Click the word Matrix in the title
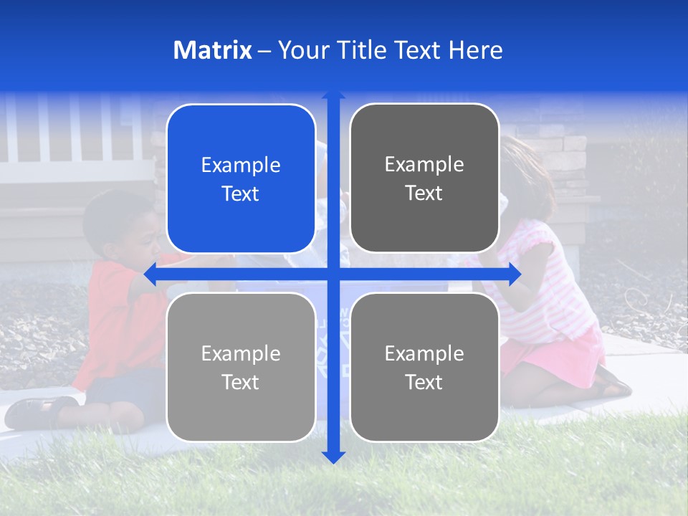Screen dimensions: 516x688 [x=212, y=50]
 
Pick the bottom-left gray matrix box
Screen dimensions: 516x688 [x=241, y=408]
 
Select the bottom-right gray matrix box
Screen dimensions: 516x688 [x=424, y=408]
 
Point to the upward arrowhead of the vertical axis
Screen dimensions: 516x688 [x=333, y=95]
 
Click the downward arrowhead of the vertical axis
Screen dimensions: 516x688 [x=333, y=457]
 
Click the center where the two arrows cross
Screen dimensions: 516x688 [x=333, y=274]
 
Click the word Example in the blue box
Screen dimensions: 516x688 [x=241, y=166]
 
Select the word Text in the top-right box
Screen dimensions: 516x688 [x=424, y=193]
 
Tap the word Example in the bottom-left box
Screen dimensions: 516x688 [x=241, y=353]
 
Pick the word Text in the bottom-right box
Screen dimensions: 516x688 [x=424, y=382]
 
